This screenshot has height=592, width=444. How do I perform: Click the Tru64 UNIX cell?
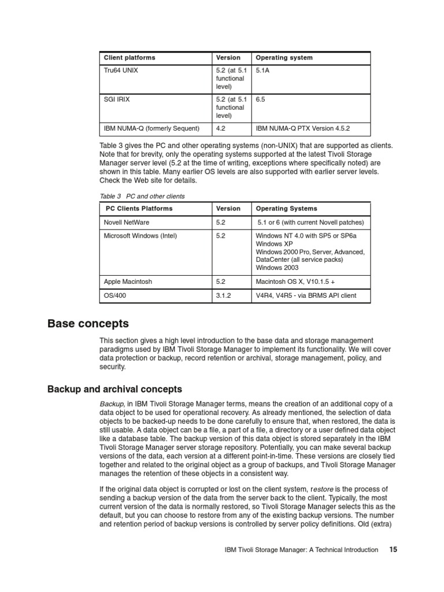pos(121,71)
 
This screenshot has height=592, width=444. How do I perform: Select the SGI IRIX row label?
pos(117,99)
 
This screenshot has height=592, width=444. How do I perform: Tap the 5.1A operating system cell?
pos(263,71)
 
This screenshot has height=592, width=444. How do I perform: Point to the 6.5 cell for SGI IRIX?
pos(260,99)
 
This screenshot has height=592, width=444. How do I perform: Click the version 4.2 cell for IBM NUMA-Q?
pos(221,128)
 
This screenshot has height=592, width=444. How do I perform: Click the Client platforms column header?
pos(129,58)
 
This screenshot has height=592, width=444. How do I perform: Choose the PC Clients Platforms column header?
pos(139,209)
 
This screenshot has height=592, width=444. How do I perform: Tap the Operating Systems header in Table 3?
pos(286,209)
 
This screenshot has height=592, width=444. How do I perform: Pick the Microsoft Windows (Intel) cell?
pos(140,236)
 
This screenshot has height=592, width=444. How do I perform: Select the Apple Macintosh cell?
pos(128,282)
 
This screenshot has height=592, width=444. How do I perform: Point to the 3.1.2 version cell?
pos(224,295)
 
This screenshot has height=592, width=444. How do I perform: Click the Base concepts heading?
pos(88,324)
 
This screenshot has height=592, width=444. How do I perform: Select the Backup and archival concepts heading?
pos(114,389)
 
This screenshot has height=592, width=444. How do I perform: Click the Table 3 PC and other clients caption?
pos(142,196)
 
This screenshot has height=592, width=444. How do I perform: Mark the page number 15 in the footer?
pos(393,550)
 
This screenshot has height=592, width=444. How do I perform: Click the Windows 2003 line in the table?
pos(277,268)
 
